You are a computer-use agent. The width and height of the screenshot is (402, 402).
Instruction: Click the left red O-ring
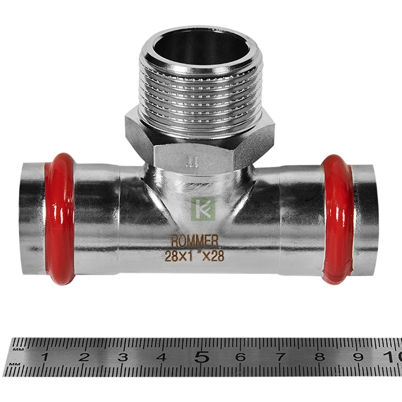pyautogui.click(x=63, y=219)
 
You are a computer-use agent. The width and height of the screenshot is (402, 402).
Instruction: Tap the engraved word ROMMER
pyautogui.click(x=194, y=241)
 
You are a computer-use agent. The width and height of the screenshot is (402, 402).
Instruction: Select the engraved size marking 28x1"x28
pyautogui.click(x=194, y=256)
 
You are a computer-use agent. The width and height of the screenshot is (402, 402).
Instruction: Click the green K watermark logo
pyautogui.click(x=203, y=209)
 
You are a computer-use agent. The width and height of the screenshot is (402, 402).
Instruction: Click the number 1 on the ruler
pyautogui.click(x=45, y=357)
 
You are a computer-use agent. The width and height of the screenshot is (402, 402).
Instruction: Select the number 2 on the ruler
pyautogui.click(x=84, y=357)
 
